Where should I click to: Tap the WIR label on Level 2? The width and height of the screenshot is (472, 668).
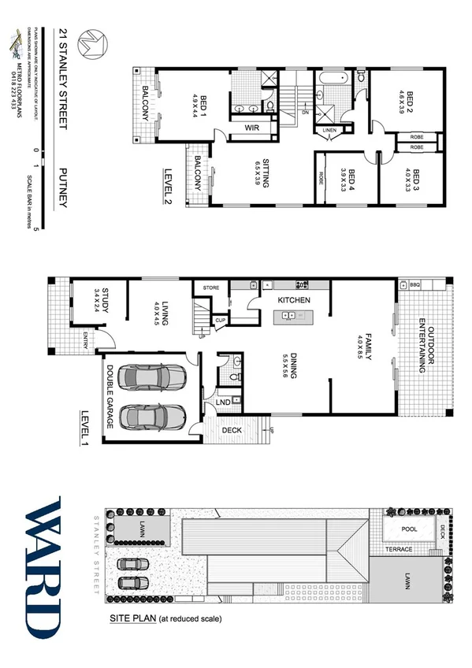pos(253,127)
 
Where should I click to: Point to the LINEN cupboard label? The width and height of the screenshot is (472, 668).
pos(329,130)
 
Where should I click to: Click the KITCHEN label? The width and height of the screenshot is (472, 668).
pos(293,300)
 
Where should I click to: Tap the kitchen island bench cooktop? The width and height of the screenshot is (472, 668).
pos(289,316)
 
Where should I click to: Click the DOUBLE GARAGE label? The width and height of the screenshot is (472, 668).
pos(110,398)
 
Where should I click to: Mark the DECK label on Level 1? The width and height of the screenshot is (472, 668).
pos(231,430)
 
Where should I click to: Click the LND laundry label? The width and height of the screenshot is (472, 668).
pos(223,403)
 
